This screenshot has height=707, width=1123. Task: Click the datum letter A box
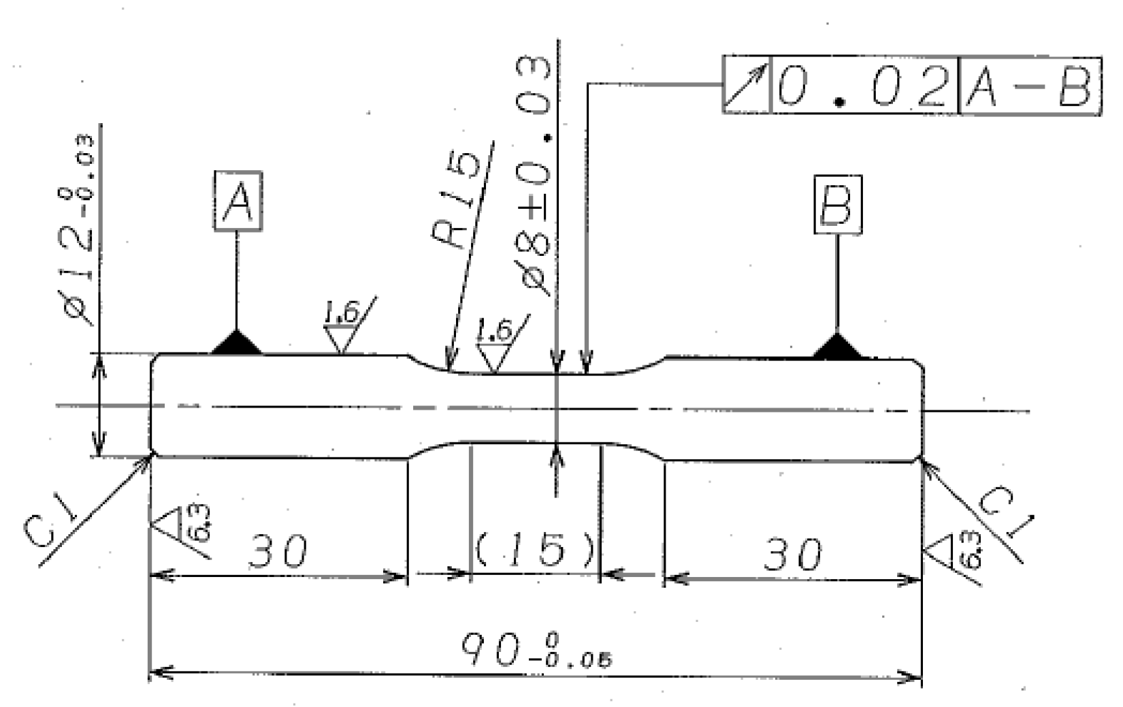pyautogui.click(x=238, y=200)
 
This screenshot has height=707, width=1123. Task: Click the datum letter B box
pyautogui.click(x=836, y=204)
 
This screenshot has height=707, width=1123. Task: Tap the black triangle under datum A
pyautogui.click(x=236, y=343)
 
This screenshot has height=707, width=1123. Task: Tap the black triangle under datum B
pyautogui.click(x=836, y=346)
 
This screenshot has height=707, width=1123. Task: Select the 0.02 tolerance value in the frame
pyautogui.click(x=863, y=86)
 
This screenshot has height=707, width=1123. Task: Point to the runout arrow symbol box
pyautogui.click(x=745, y=86)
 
